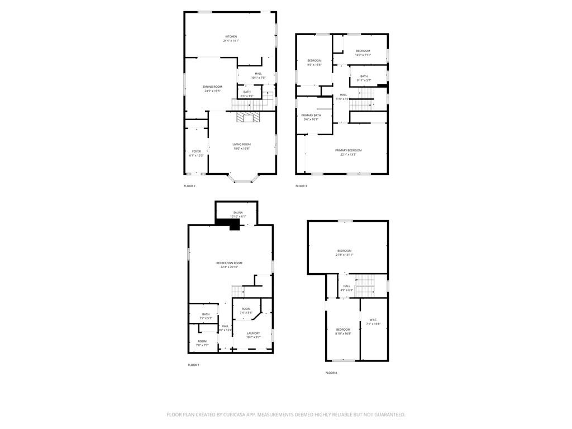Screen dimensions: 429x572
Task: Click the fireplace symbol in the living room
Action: (247, 117)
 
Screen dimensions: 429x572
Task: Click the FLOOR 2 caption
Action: (189, 186)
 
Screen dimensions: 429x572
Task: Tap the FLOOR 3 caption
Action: (301, 186)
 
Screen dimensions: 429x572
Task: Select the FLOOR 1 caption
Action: (193, 365)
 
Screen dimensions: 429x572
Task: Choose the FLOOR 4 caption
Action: (331, 373)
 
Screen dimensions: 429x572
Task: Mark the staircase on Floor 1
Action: (238, 290)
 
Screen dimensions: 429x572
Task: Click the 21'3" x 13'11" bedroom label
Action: (344, 252)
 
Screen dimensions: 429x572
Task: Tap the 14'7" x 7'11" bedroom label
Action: (363, 53)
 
